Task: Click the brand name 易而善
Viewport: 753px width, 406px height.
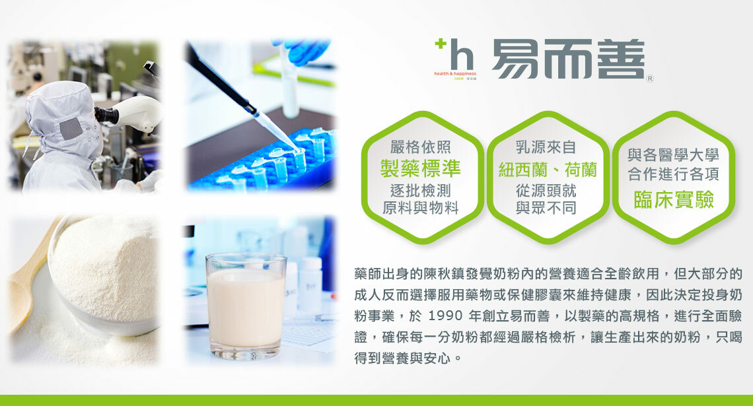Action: point(568,59)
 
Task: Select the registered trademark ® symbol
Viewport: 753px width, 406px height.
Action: point(650,78)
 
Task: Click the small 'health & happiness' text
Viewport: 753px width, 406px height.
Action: point(455,74)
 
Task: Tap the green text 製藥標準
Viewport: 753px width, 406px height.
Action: point(420,168)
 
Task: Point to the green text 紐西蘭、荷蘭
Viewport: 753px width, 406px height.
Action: point(547,170)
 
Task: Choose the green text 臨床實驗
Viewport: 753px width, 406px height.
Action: point(674,199)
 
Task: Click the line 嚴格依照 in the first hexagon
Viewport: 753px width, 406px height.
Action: point(420,147)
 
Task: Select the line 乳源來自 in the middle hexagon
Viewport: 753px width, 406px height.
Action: point(546,147)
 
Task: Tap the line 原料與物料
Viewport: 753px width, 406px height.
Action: point(420,208)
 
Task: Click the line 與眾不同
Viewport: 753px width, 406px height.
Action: point(546,208)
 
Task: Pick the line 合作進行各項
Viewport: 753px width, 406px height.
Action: point(673,174)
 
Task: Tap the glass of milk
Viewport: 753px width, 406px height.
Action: point(246,306)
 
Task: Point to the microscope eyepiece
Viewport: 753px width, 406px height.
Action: point(106,115)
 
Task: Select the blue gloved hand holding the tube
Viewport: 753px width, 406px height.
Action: point(303,50)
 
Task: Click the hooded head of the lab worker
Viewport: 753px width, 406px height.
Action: point(63,120)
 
